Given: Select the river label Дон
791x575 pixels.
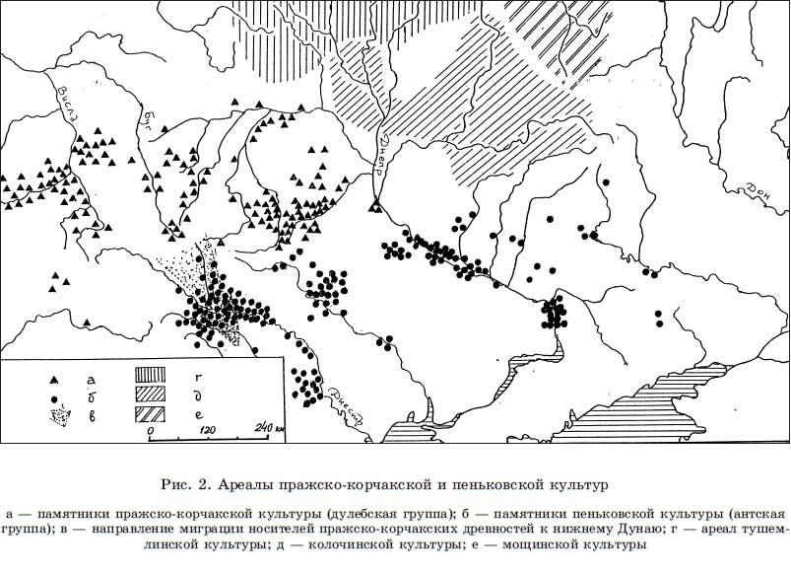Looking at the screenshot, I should pyautogui.click(x=759, y=187).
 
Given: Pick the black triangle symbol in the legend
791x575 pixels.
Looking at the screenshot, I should pyautogui.click(x=57, y=380).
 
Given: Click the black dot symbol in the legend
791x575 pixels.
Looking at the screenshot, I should pyautogui.click(x=57, y=399).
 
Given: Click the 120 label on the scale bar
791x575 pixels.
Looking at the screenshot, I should pyautogui.click(x=207, y=431).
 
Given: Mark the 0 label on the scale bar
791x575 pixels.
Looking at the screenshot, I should pyautogui.click(x=151, y=432).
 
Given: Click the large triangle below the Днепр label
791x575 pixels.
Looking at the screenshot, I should pyautogui.click(x=374, y=204).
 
